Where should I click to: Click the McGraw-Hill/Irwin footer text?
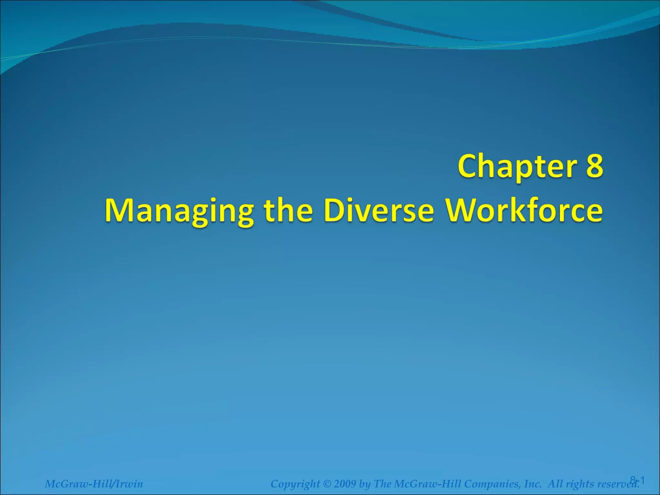pyautogui.click(x=94, y=484)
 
